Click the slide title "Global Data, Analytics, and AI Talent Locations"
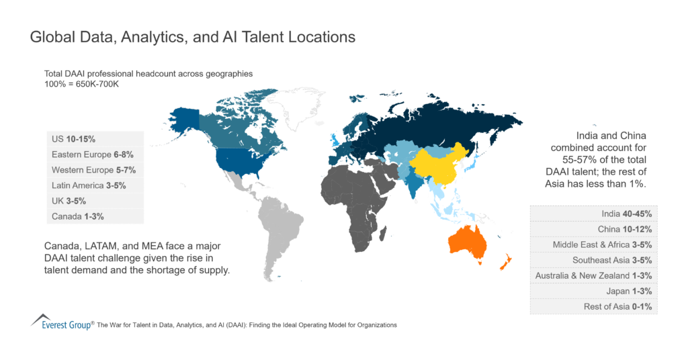pyautogui.click(x=193, y=38)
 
